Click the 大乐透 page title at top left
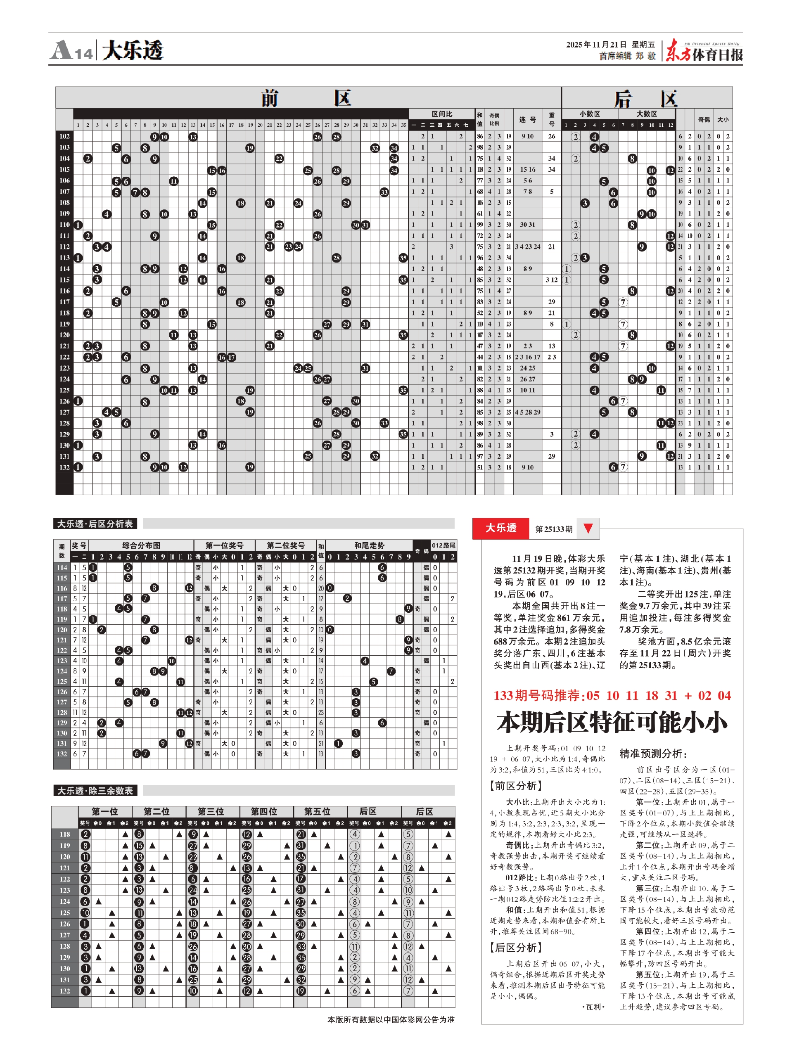click(x=133, y=51)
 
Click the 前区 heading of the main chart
click(x=306, y=98)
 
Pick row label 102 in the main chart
click(x=64, y=136)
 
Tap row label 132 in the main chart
click(x=64, y=467)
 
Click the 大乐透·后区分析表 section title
click(x=95, y=524)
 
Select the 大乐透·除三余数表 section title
click(x=95, y=791)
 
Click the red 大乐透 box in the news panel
click(x=500, y=528)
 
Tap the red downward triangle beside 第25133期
click(x=588, y=528)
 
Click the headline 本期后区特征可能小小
click(x=612, y=722)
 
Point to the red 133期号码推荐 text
click(x=612, y=695)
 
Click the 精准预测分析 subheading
click(x=653, y=754)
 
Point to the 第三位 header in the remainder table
click(x=211, y=811)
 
